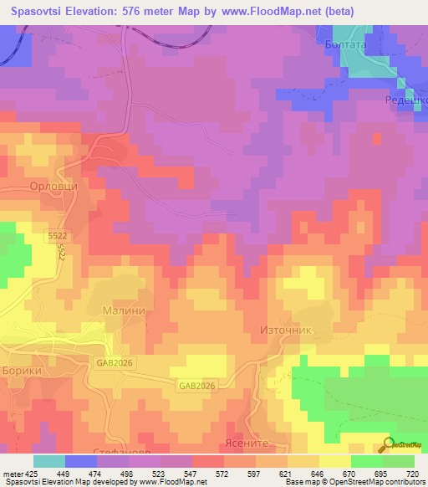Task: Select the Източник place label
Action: (286, 331)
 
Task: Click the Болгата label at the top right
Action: (344, 47)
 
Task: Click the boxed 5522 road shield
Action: (57, 238)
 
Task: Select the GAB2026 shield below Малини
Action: (115, 363)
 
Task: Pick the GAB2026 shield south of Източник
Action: (196, 386)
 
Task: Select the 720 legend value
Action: (411, 474)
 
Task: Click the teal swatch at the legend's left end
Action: (49, 461)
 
